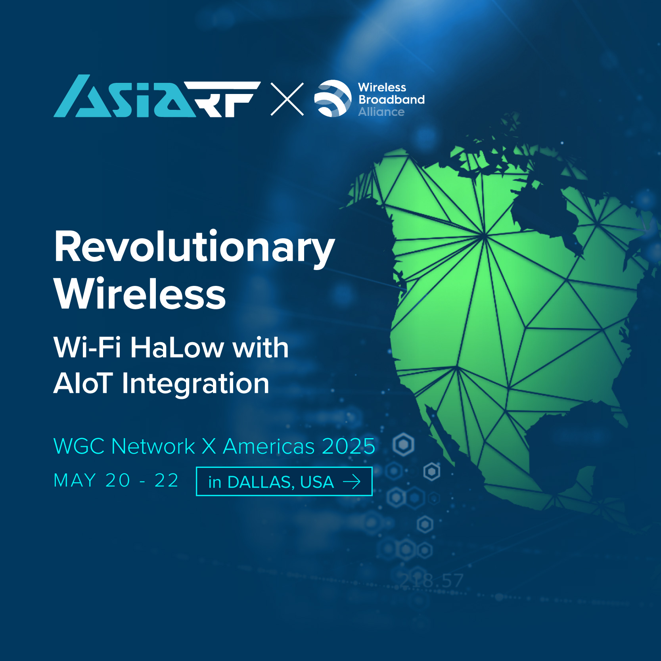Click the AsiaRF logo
pyautogui.click(x=157, y=96)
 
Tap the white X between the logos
pyautogui.click(x=287, y=99)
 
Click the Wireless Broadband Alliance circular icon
pyautogui.click(x=333, y=98)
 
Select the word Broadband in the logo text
pyautogui.click(x=391, y=100)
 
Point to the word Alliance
pyautogui.click(x=381, y=112)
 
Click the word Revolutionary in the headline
pyautogui.click(x=195, y=247)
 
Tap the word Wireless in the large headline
pyautogui.click(x=140, y=294)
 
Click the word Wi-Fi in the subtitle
pyautogui.click(x=87, y=347)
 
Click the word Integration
pyautogui.click(x=195, y=384)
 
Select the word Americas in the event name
pyautogui.click(x=269, y=446)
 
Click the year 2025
pyautogui.click(x=349, y=446)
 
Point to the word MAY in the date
pyautogui.click(x=75, y=481)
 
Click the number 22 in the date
pyautogui.click(x=167, y=481)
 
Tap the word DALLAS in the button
pyautogui.click(x=261, y=483)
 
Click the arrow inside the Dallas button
pyautogui.click(x=352, y=482)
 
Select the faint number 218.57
pyautogui.click(x=431, y=581)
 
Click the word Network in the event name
pyautogui.click(x=153, y=446)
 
